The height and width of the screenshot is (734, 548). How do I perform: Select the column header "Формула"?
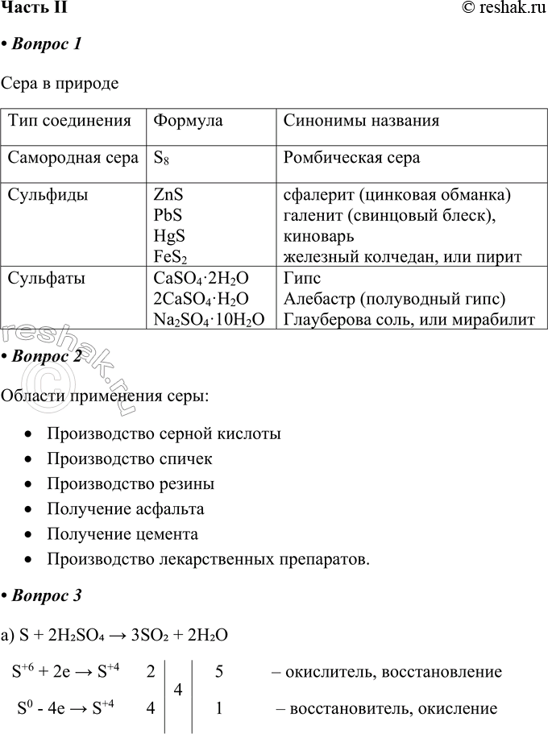(188, 122)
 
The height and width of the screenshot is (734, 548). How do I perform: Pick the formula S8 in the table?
(161, 158)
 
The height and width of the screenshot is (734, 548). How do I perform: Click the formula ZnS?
(168, 195)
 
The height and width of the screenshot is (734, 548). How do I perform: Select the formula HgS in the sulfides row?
(168, 236)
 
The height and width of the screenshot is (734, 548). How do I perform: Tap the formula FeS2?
(169, 257)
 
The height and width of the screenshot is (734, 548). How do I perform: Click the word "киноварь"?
(318, 236)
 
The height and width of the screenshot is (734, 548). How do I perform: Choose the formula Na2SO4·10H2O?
(208, 320)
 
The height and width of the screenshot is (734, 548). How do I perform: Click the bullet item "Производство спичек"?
(130, 459)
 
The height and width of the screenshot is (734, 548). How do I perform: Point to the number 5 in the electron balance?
(219, 672)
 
